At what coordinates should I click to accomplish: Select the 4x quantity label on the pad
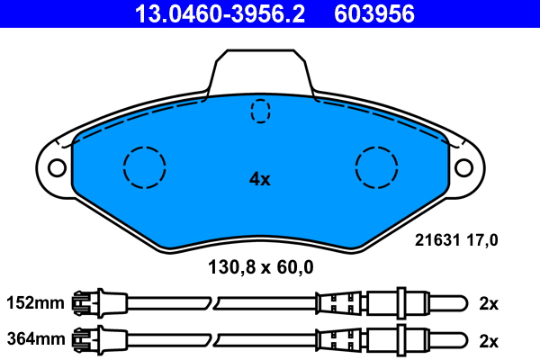[259, 179]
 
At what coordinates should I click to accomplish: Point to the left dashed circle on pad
[145, 166]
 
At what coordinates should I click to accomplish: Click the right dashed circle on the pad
[377, 166]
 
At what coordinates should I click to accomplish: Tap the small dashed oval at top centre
[260, 111]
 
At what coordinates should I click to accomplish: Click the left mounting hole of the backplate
[57, 167]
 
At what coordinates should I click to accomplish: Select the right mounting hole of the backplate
[463, 167]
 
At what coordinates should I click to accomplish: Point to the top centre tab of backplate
[259, 70]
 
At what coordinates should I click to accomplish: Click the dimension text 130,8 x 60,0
[260, 266]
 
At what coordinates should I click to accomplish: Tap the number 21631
[436, 240]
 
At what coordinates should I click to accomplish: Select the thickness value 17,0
[481, 240]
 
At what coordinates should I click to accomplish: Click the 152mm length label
[35, 303]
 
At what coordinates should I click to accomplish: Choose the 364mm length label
[35, 339]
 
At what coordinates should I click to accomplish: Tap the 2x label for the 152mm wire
[489, 303]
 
